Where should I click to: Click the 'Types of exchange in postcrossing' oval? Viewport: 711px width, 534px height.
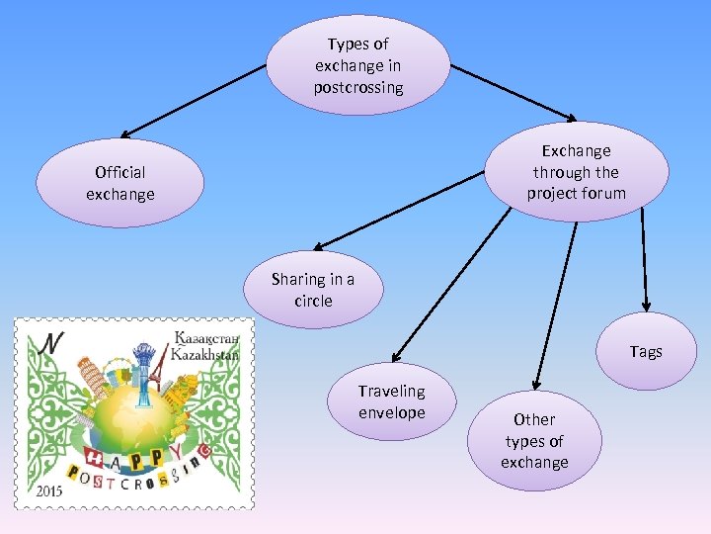[x=358, y=65]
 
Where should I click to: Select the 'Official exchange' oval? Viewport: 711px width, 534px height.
[x=120, y=183]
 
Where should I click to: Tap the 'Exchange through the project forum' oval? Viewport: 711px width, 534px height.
[x=576, y=172]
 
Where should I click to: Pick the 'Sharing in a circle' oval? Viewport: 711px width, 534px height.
[x=314, y=290]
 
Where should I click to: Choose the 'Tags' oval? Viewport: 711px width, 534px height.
[x=646, y=352]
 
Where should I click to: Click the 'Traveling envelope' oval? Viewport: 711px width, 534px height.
[x=392, y=401]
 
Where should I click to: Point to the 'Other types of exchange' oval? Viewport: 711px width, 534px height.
[x=534, y=441]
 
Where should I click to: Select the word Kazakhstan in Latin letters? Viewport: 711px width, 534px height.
[x=204, y=353]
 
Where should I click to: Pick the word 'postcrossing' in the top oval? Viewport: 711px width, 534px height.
[x=358, y=87]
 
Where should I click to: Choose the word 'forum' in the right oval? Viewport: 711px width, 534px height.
[x=603, y=193]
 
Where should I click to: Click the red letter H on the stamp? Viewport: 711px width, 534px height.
[x=95, y=458]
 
